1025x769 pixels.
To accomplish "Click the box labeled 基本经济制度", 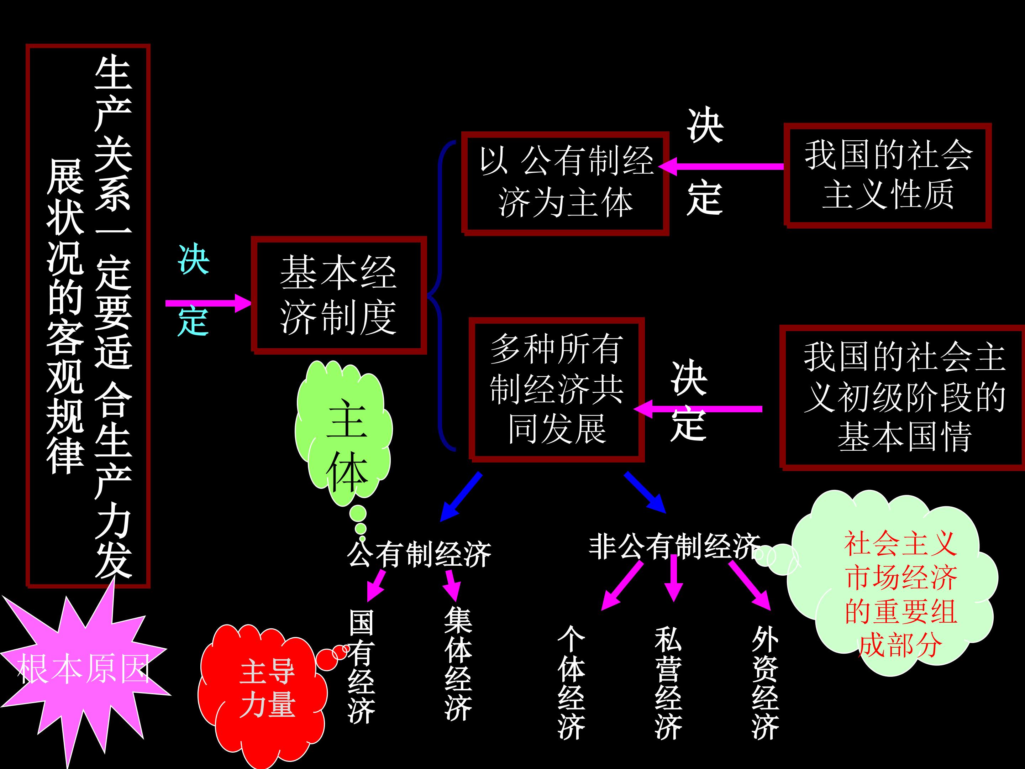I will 338,295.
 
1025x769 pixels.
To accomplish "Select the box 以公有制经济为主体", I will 565,183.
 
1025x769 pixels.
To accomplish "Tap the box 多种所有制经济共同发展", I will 556,389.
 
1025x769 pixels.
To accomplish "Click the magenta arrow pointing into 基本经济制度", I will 209,303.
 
